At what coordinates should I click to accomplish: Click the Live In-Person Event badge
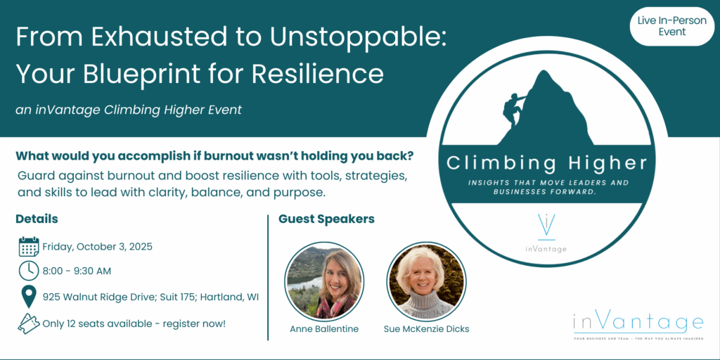[671, 26]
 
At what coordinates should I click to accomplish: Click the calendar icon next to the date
[28, 247]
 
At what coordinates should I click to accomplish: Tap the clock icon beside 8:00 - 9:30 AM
[28, 271]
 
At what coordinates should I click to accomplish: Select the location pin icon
[29, 297]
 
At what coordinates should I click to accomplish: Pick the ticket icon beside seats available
[28, 323]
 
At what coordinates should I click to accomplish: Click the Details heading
[37, 219]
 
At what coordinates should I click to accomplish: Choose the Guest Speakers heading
[326, 219]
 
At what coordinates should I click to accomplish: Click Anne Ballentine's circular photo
[324, 282]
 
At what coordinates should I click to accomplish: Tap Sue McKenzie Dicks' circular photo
[427, 282]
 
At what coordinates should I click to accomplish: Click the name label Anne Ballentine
[324, 329]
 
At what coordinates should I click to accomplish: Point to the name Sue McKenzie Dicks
[427, 329]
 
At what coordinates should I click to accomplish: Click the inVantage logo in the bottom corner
[638, 327]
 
